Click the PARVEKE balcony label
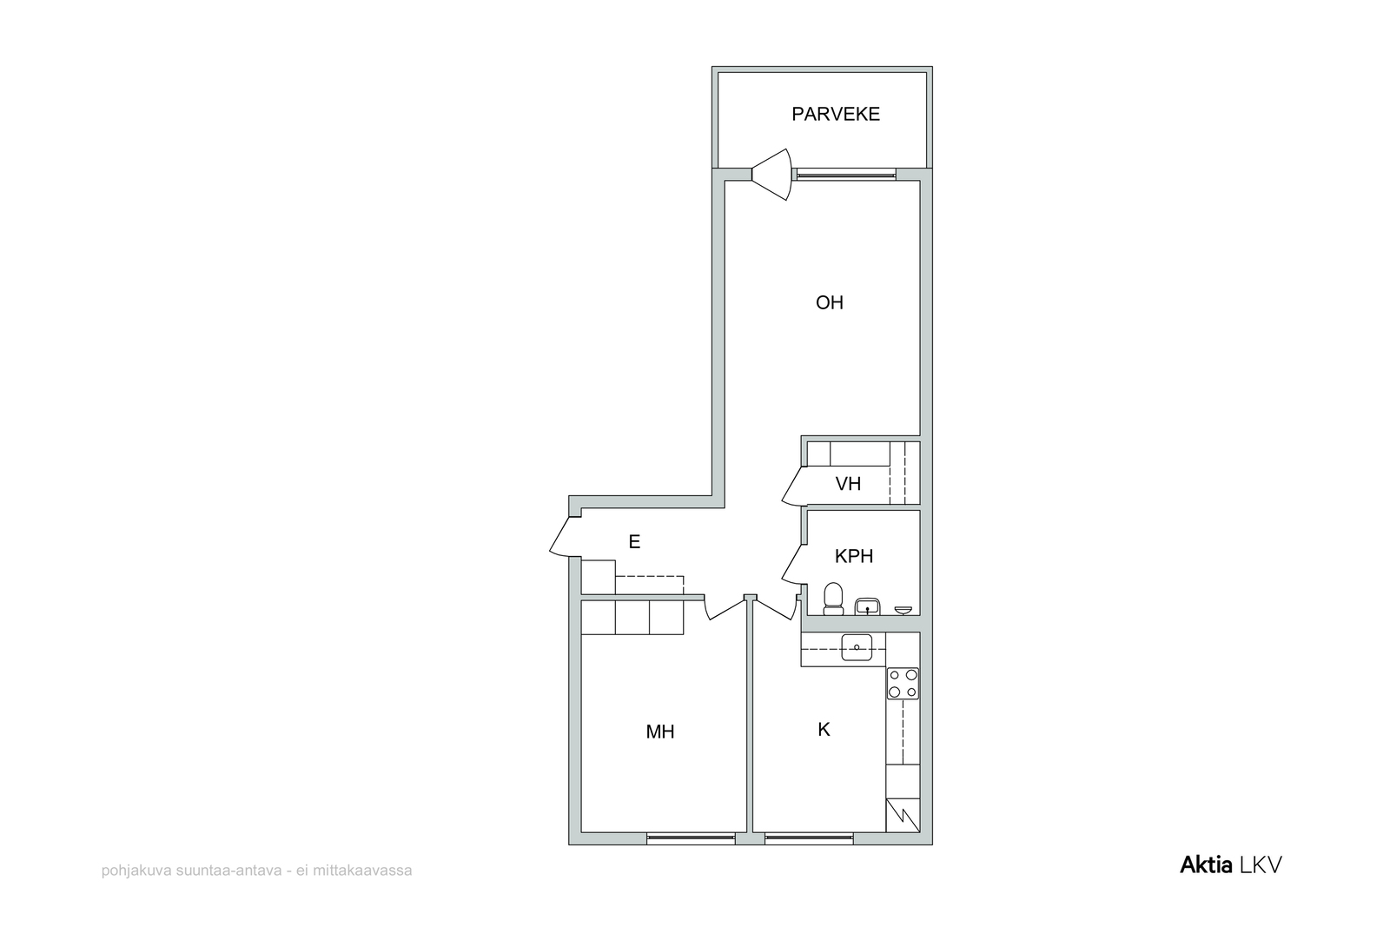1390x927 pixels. click(835, 114)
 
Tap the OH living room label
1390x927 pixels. click(829, 303)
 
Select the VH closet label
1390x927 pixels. click(848, 484)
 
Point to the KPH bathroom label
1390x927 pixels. click(854, 557)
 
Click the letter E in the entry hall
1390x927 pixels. click(634, 541)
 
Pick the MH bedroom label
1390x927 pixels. click(659, 732)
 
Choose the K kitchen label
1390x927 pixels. click(824, 730)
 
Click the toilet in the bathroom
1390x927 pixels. click(833, 599)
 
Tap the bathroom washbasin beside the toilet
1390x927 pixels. click(867, 606)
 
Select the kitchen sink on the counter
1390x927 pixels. click(857, 647)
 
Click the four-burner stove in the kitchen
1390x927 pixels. click(903, 683)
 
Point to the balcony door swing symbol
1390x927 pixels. click(772, 175)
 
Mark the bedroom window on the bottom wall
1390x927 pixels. click(691, 838)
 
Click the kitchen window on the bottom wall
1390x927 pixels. click(809, 838)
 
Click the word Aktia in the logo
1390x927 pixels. click(1206, 865)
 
